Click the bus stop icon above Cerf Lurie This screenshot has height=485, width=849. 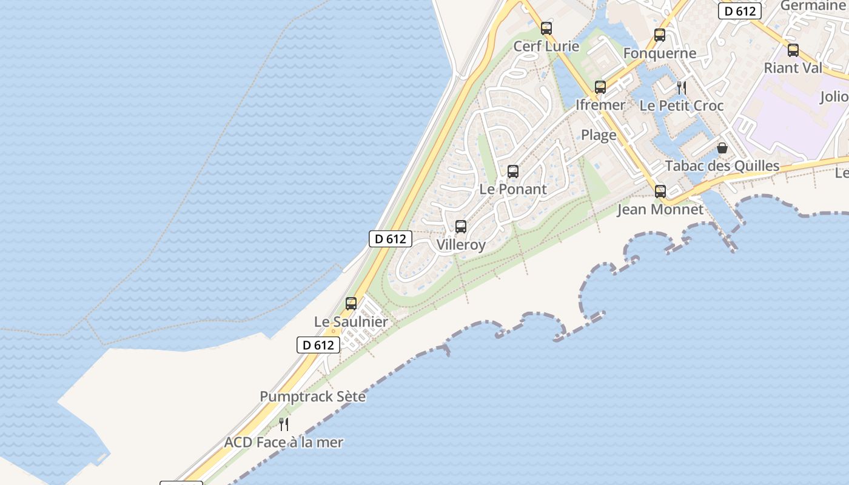tap(546, 28)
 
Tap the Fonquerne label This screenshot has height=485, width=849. tap(660, 53)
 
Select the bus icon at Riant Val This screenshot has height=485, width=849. tap(793, 51)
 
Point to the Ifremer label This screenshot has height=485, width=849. tap(600, 105)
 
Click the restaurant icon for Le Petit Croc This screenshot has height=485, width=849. tap(682, 88)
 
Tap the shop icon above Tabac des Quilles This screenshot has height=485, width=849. tap(722, 148)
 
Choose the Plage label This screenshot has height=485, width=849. tap(599, 135)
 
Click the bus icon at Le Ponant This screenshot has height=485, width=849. tap(513, 172)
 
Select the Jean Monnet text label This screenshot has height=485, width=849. tap(660, 210)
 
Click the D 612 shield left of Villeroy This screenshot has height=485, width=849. tap(391, 239)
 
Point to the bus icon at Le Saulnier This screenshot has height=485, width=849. tap(351, 304)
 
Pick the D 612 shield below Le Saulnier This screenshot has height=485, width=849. tap(318, 345)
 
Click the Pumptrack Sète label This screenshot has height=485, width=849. tap(313, 397)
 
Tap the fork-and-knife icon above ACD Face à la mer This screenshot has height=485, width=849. tap(283, 424)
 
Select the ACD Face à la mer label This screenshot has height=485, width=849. tap(284, 443)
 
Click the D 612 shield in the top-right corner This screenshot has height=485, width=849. tap(739, 11)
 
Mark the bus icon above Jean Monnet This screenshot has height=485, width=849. tap(660, 192)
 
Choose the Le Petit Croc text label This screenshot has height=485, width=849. tap(682, 105)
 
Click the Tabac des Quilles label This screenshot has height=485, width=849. tap(722, 166)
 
